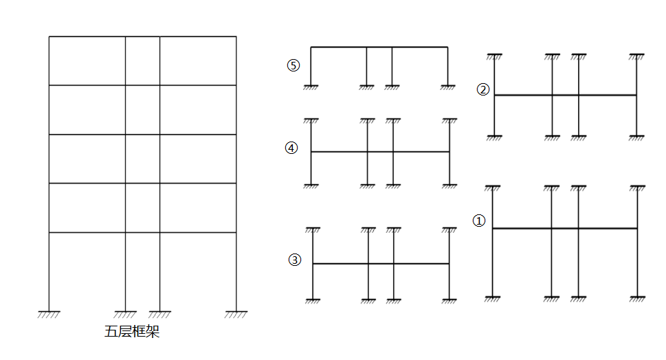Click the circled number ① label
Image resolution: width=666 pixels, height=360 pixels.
(x=479, y=221)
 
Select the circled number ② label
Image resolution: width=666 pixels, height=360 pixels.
(x=483, y=89)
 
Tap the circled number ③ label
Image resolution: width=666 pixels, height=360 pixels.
(x=295, y=260)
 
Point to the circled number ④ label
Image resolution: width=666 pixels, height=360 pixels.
(x=292, y=148)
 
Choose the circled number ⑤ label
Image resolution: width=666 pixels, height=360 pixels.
(x=293, y=66)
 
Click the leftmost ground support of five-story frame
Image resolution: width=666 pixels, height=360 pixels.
(x=49, y=313)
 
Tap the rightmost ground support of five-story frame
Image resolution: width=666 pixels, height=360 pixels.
(x=236, y=313)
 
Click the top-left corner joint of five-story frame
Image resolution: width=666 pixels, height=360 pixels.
(x=49, y=36)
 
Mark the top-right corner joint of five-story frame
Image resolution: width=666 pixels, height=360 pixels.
(x=236, y=36)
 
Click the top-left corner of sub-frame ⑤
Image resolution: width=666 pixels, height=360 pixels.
(x=311, y=47)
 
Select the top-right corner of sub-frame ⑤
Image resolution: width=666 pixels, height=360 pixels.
(x=448, y=47)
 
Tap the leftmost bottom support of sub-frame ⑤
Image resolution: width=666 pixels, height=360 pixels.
(x=311, y=87)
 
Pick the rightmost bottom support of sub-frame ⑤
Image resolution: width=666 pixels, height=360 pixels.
(x=448, y=87)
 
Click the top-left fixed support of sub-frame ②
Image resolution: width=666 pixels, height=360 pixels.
(x=494, y=54)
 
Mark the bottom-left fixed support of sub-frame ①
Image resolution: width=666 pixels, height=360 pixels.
(x=493, y=297)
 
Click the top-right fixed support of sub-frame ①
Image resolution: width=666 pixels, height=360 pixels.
(x=637, y=185)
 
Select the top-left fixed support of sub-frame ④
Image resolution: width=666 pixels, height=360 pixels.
(x=311, y=120)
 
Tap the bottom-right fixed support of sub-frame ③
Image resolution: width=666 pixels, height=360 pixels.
(x=449, y=300)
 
